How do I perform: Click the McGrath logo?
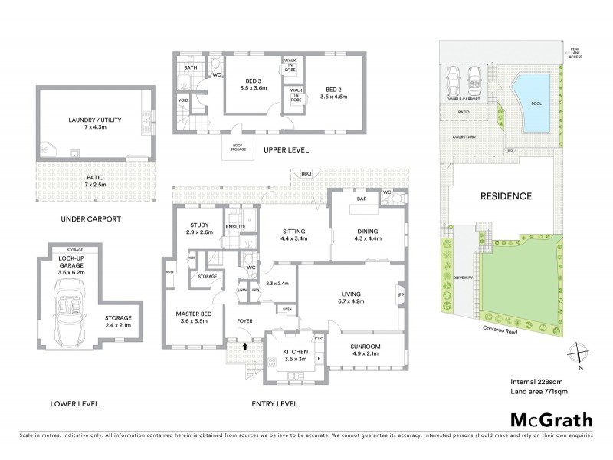point(551,419)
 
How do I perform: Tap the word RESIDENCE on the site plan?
point(506,196)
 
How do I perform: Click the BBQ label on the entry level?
point(306,174)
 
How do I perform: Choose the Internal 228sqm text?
point(536,380)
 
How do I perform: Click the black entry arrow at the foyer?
point(244,346)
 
